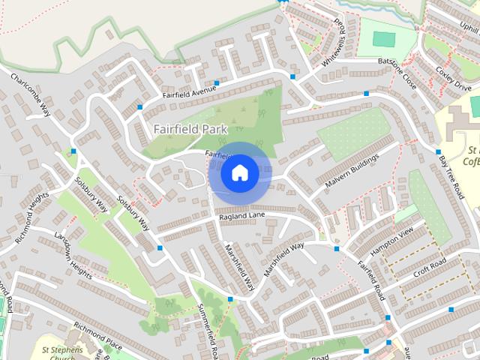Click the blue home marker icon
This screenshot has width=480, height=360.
239,173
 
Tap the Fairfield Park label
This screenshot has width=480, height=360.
190,129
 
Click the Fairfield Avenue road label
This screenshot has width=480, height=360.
190,92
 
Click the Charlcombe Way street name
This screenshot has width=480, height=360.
31,94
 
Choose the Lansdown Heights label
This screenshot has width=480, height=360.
73,254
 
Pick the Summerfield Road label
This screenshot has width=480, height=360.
208,330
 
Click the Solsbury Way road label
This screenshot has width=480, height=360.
133,214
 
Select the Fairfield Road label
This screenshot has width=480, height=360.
370,278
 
